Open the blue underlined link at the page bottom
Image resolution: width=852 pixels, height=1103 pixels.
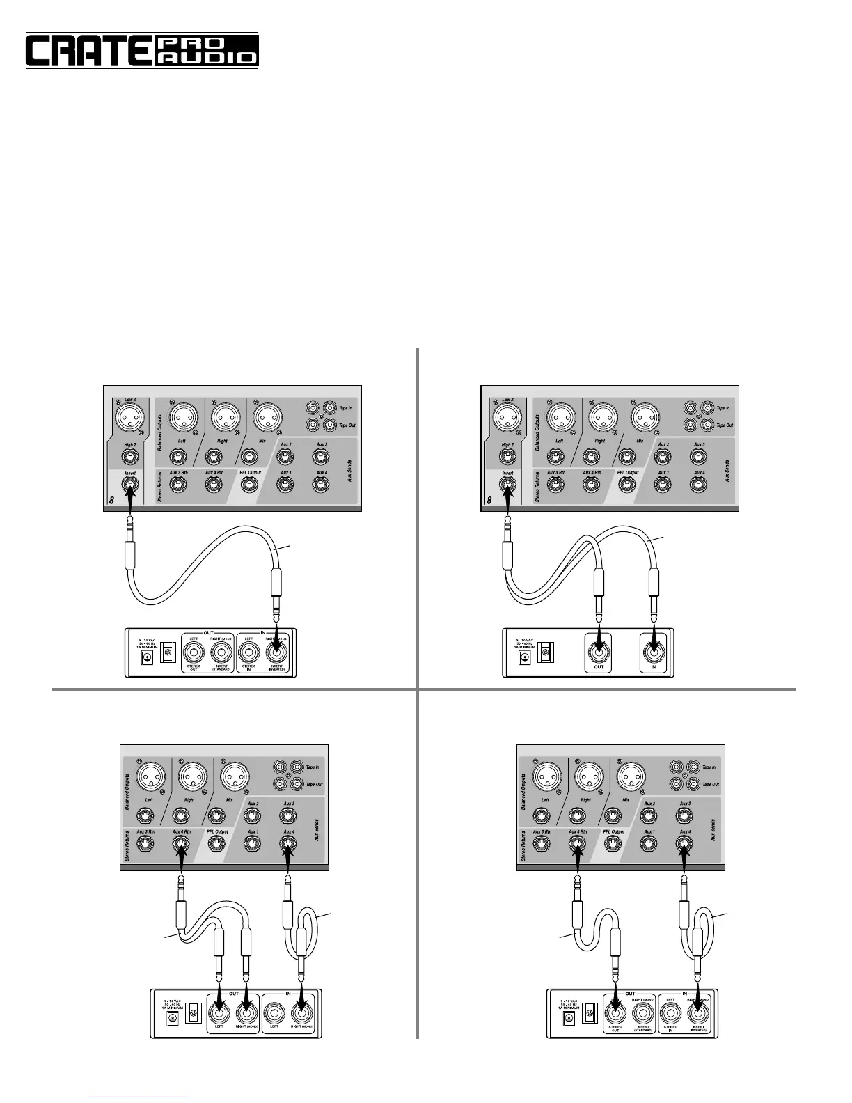click(139, 1097)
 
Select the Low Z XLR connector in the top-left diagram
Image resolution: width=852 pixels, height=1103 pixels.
click(129, 418)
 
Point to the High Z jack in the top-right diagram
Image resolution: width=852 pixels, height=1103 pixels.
click(507, 457)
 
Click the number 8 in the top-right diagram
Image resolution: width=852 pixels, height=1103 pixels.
click(489, 499)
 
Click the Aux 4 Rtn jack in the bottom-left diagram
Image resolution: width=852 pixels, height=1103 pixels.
click(181, 844)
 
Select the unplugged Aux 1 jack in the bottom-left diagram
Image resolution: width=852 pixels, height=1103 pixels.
click(252, 844)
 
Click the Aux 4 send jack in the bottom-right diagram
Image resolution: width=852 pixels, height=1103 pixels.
click(684, 844)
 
